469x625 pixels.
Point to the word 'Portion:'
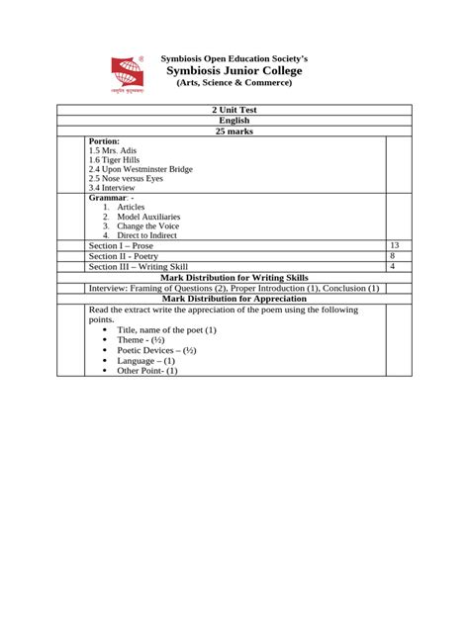pyautogui.click(x=104, y=141)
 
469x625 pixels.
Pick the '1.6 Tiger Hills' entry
pyautogui.click(x=113, y=160)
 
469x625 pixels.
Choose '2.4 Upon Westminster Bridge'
pyautogui.click(x=140, y=169)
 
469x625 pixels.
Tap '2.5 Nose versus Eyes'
pyautogui.click(x=125, y=178)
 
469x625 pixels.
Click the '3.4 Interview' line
pyautogui.click(x=112, y=188)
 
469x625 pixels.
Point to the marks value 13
pyautogui.click(x=394, y=245)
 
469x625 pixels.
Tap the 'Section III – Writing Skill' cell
pyautogui.click(x=138, y=267)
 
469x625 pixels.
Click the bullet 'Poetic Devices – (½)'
pyautogui.click(x=156, y=350)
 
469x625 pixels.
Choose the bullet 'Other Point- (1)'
pyautogui.click(x=147, y=371)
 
